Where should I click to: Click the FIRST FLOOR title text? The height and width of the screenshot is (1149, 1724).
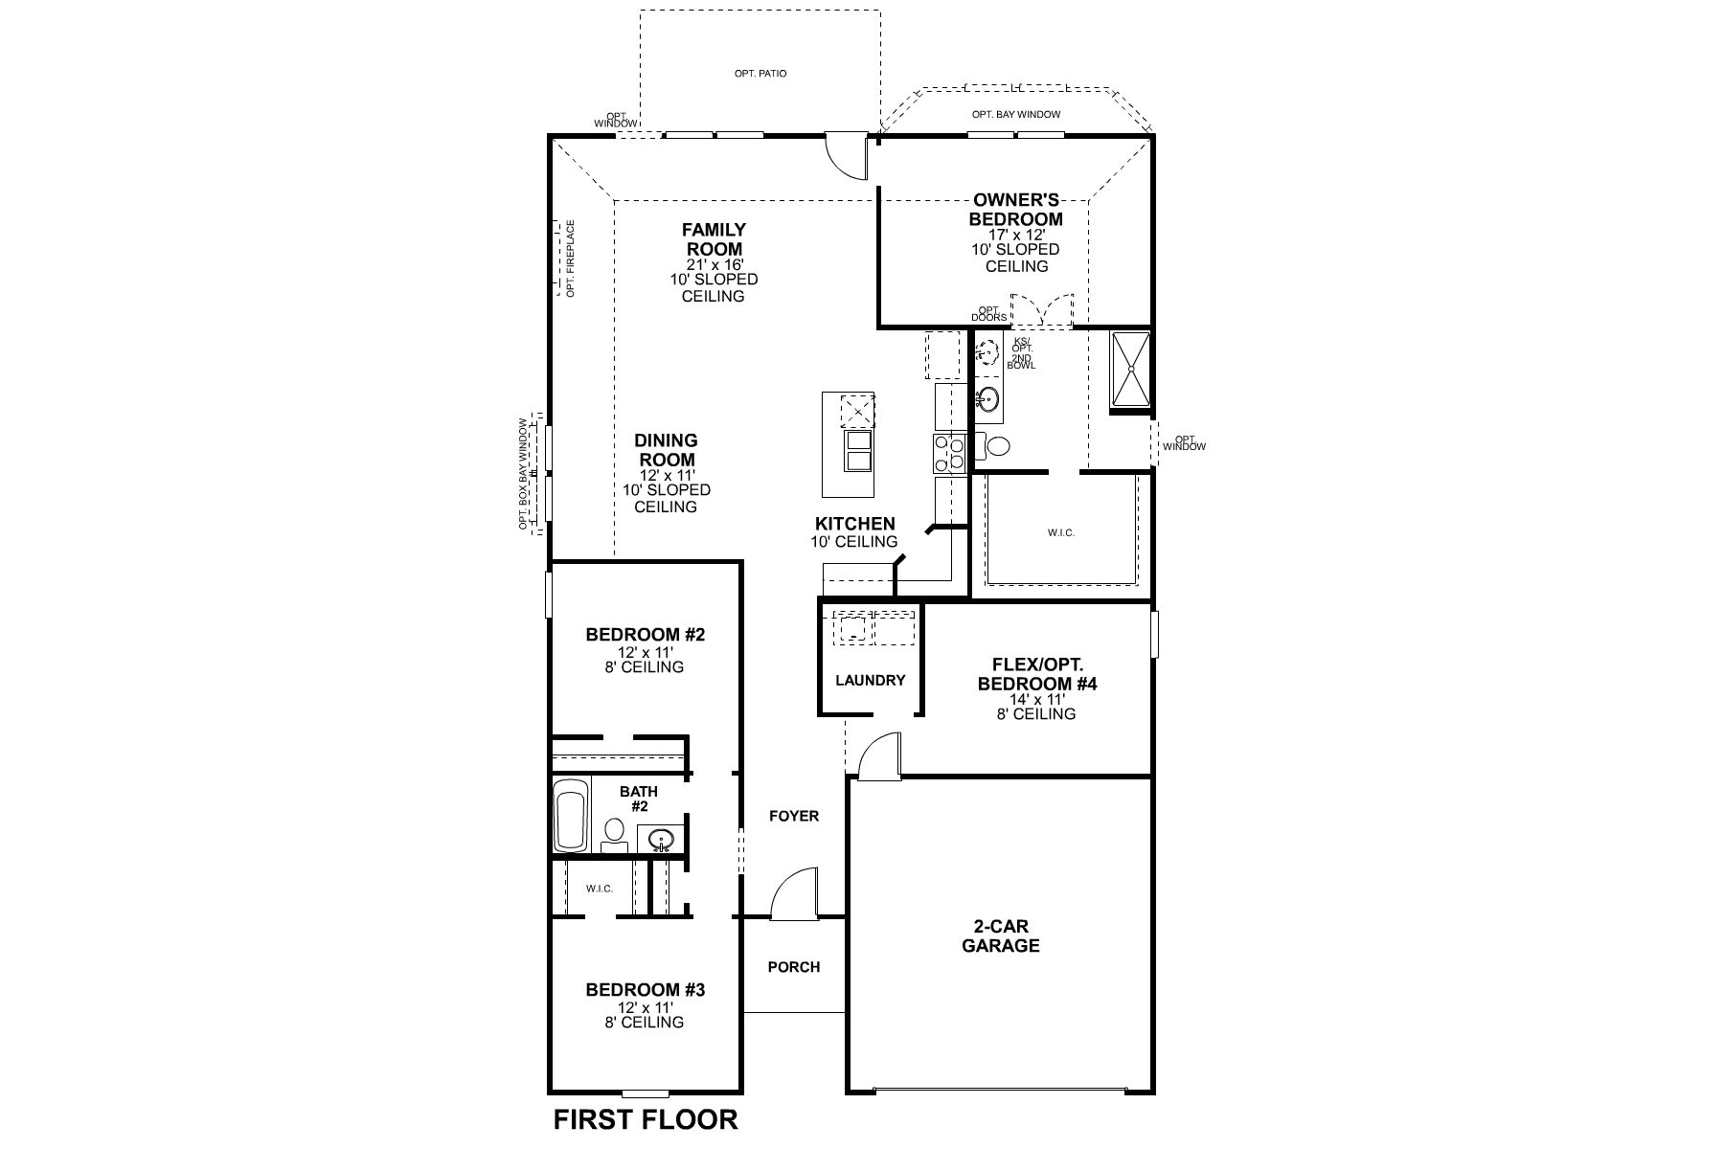[x=646, y=1119]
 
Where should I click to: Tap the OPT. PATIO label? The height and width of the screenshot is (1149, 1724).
[x=760, y=74]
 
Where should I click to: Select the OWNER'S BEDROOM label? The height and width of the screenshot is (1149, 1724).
[x=1016, y=209]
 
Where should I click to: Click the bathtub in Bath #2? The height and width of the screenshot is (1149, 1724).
[x=571, y=815]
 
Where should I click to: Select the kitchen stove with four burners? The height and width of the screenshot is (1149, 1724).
[x=950, y=453]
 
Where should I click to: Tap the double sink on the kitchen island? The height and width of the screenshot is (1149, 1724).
[x=858, y=451]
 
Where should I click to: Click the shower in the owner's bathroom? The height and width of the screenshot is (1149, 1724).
[x=1131, y=370]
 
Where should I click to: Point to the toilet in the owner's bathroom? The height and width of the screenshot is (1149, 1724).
[x=995, y=446]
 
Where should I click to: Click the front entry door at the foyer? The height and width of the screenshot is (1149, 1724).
[x=795, y=896]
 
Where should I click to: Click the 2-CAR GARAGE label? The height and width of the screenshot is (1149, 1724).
[x=1001, y=936]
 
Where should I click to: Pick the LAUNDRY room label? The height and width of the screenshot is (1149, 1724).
[x=870, y=681]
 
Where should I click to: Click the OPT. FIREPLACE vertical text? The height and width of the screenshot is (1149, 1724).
[x=570, y=259]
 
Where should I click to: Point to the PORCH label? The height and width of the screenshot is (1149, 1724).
[x=794, y=967]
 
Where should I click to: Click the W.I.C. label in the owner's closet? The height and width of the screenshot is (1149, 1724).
[x=1061, y=532]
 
